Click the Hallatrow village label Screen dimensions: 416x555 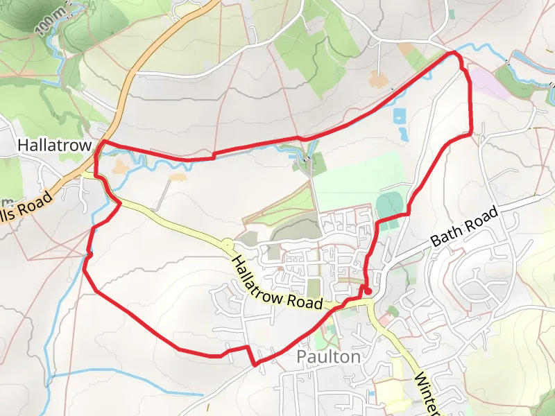(x=55, y=146)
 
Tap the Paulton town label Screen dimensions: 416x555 (x=328, y=356)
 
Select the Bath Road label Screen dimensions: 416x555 (x=464, y=227)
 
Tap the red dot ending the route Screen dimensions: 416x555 (x=368, y=291)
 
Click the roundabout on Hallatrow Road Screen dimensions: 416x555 (x=227, y=244)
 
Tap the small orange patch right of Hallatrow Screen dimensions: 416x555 (x=119, y=166)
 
